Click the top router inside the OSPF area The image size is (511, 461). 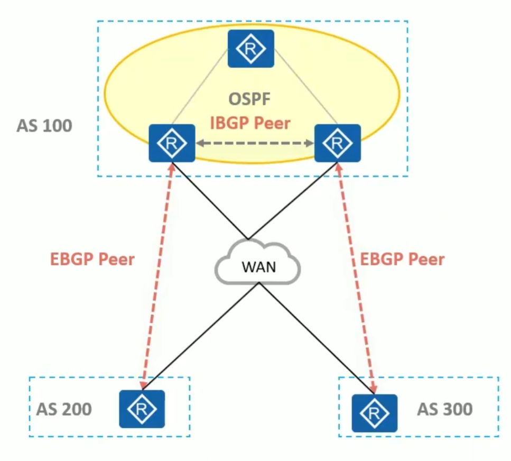[251, 49]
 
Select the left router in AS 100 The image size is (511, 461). [172, 143]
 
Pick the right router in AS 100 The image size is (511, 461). [338, 143]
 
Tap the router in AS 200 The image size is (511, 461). [142, 409]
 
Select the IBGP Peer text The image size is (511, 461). [250, 123]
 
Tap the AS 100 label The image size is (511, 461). [44, 126]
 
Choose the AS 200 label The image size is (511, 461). [64, 409]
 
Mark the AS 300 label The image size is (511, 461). [445, 409]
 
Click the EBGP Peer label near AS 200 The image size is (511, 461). [92, 260]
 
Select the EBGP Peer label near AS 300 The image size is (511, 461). [403, 260]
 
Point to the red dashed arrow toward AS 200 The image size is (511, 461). [157, 275]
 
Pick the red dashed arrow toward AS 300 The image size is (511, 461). [356, 275]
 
